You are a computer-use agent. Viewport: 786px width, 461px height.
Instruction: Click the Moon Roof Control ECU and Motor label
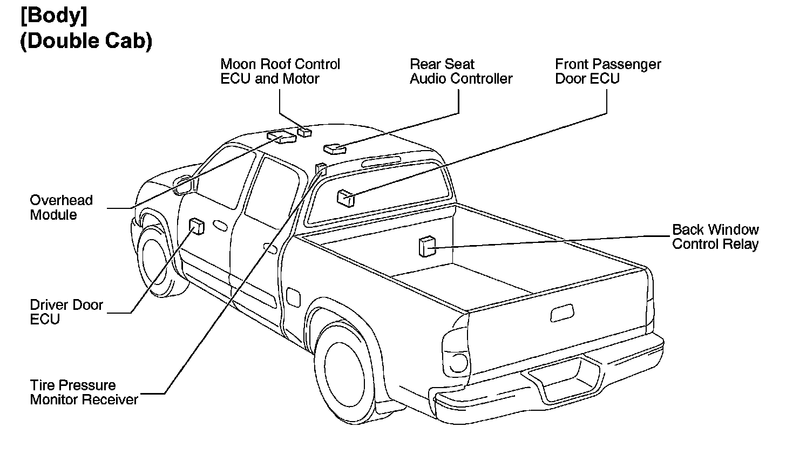(280, 71)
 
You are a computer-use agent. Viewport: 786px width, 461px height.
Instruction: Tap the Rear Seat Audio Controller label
(460, 71)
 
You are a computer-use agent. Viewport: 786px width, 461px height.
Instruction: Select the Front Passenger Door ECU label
(608, 71)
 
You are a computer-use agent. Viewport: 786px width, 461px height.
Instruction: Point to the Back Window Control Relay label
(715, 237)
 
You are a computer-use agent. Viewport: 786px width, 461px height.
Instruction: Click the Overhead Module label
(61, 207)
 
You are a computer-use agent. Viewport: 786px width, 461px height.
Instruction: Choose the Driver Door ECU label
(66, 312)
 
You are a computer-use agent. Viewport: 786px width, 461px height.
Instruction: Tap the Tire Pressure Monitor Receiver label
(84, 392)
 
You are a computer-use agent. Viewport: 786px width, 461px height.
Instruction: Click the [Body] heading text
(53, 16)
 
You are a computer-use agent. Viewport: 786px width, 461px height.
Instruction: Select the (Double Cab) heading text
(86, 41)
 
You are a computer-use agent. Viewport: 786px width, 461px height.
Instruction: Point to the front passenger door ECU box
(345, 198)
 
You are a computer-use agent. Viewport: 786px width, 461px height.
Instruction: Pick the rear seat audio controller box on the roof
(334, 148)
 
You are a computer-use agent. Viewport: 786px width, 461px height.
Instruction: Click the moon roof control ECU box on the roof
(305, 132)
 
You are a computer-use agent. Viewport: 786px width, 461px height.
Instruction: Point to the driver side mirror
(184, 185)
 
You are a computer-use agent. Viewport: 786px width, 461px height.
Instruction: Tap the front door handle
(220, 225)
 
